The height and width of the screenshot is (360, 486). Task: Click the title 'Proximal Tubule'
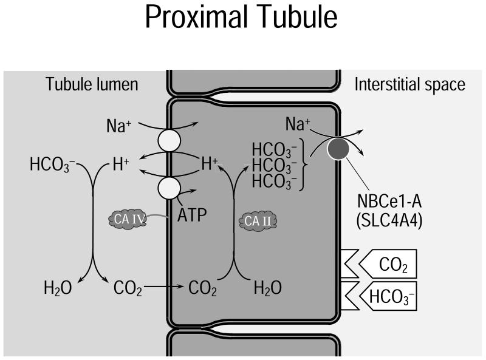242,19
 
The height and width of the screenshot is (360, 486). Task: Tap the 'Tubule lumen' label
92,84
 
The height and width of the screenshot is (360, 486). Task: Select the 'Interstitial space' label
409,84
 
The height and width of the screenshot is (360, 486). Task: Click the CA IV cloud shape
127,219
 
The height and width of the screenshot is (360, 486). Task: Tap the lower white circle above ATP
169,188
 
